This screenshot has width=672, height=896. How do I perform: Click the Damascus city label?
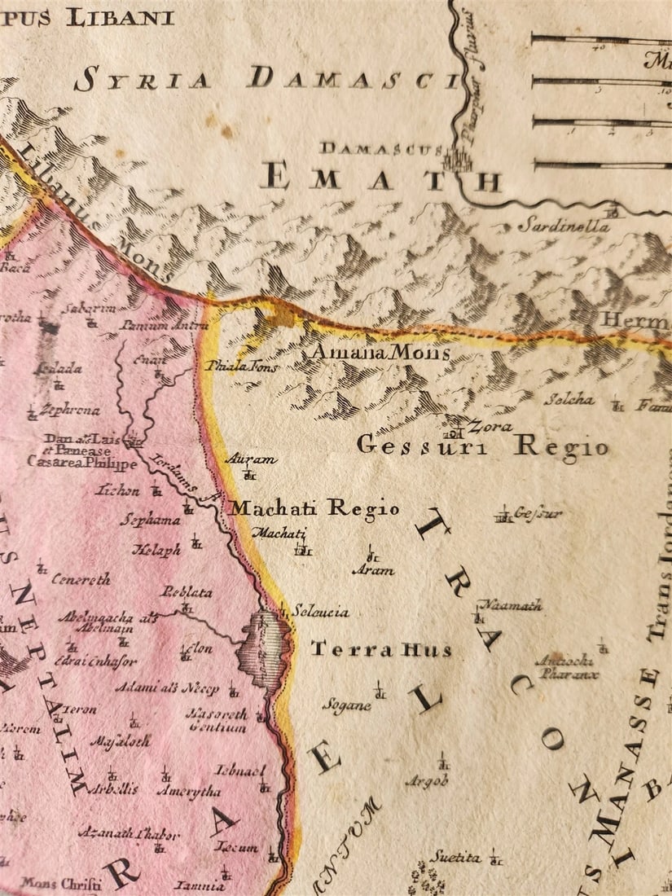(x=380, y=148)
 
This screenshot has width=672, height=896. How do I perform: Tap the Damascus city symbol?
(x=458, y=156)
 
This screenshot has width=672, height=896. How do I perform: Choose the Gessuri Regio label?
(x=482, y=446)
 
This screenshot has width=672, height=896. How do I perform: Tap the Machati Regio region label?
(x=314, y=508)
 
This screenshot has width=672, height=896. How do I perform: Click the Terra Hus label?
(x=380, y=649)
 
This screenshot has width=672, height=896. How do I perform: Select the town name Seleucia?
(x=320, y=611)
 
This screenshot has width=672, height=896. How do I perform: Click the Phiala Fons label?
(x=241, y=367)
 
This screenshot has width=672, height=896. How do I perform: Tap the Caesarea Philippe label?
(x=82, y=463)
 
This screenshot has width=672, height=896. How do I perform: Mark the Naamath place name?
(x=509, y=605)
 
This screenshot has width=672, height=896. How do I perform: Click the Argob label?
(x=427, y=782)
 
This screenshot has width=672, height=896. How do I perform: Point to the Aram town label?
(x=373, y=570)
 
